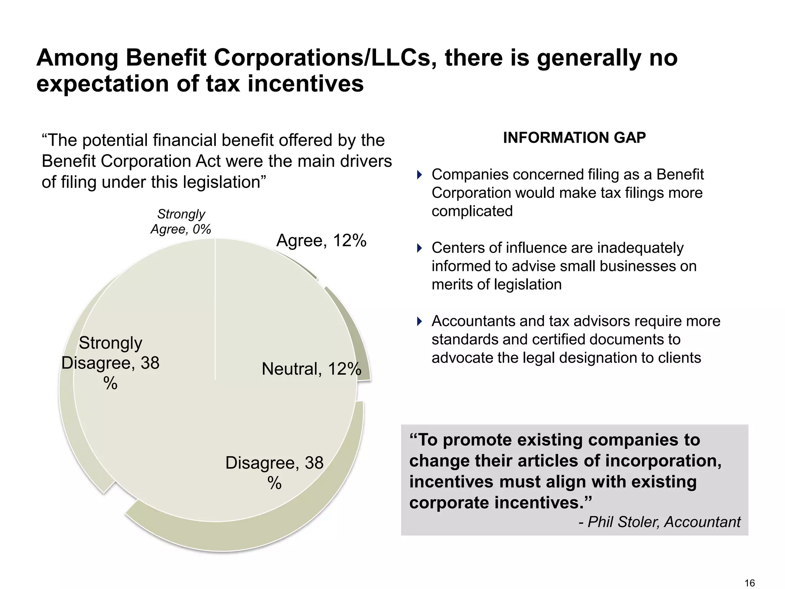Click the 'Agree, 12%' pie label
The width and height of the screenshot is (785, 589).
pyautogui.click(x=321, y=241)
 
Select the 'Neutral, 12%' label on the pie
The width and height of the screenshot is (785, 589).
pyautogui.click(x=311, y=369)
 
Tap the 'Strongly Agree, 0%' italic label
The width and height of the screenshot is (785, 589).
pyautogui.click(x=181, y=222)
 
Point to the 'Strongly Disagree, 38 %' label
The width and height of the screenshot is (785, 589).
pyautogui.click(x=110, y=363)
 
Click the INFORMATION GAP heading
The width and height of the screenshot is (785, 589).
pyautogui.click(x=574, y=138)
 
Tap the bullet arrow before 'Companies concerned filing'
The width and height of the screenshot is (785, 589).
pyautogui.click(x=419, y=175)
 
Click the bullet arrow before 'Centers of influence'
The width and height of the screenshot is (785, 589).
pyautogui.click(x=419, y=248)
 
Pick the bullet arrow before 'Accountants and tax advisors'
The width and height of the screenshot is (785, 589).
pyautogui.click(x=419, y=321)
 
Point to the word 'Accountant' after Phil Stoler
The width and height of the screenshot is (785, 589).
pyautogui.click(x=702, y=522)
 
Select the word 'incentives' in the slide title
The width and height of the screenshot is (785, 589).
pyautogui.click(x=305, y=84)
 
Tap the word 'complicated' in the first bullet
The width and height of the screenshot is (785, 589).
pyautogui.click(x=472, y=211)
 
